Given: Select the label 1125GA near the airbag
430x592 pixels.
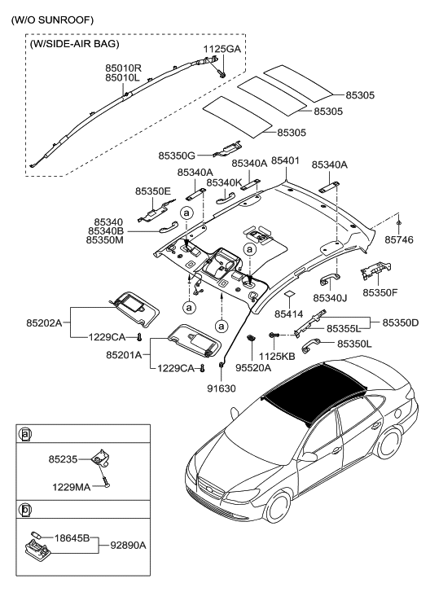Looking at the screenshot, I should (x=222, y=49).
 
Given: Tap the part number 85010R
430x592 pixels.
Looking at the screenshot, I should (x=124, y=67).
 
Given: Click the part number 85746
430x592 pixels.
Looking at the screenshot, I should (x=401, y=241).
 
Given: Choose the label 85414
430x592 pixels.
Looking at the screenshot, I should (x=288, y=313).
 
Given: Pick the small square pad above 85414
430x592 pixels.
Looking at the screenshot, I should (x=288, y=296).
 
